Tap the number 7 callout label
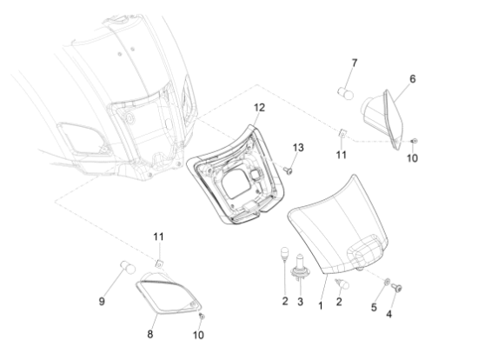click(x=354, y=63)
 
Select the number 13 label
click(x=299, y=149)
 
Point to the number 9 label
click(x=103, y=301)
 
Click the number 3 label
click(x=300, y=302)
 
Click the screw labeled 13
click(x=286, y=170)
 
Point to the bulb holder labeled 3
click(x=301, y=271)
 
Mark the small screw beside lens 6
click(x=414, y=140)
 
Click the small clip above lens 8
click(x=159, y=262)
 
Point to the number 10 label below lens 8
click(x=198, y=335)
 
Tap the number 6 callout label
click(x=412, y=79)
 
